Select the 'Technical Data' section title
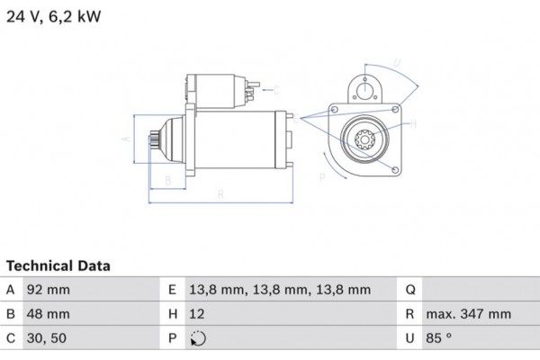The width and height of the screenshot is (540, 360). [x=58, y=266]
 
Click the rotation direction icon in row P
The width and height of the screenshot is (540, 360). [x=199, y=340]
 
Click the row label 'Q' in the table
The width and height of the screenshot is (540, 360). [x=409, y=290]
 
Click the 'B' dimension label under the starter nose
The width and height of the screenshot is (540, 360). [x=166, y=181]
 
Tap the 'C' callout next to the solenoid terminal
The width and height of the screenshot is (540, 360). [x=276, y=88]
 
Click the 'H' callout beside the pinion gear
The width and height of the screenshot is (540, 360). [x=412, y=125]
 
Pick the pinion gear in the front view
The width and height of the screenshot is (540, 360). [x=366, y=140]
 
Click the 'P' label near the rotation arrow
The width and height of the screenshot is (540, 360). [x=322, y=179]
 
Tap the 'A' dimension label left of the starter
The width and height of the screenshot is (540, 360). [x=127, y=139]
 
